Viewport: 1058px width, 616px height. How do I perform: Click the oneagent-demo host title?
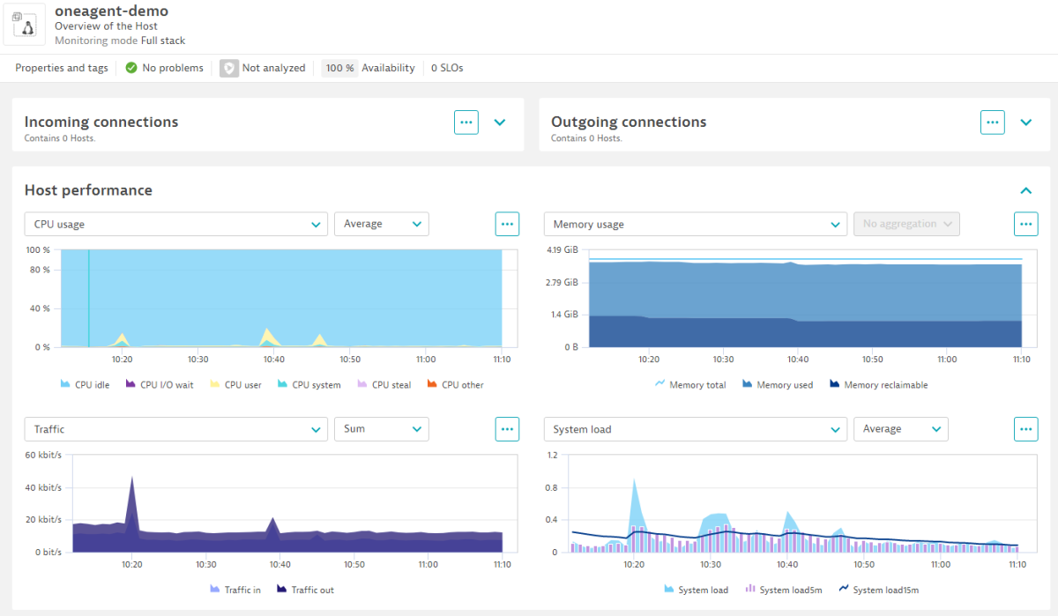pos(111,11)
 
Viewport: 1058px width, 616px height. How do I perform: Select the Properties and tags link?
pos(61,68)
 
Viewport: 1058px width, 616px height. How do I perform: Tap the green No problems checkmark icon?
pos(131,68)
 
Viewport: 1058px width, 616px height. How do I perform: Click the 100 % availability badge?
pos(339,68)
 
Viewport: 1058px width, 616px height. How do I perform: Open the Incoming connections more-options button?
pos(466,122)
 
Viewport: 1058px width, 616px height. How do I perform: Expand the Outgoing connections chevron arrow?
pos(1025,122)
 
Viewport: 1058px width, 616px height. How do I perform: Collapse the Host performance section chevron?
pos(1025,190)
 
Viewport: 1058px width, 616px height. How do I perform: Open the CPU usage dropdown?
pos(175,224)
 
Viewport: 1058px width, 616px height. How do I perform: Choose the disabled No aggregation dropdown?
pos(906,224)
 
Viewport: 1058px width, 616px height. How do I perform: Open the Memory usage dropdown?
pos(695,224)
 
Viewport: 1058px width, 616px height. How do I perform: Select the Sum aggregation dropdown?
pos(381,429)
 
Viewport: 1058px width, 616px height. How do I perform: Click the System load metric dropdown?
pos(695,429)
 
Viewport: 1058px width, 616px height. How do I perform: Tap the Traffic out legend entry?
pos(305,590)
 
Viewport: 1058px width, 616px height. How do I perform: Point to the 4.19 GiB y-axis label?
pos(562,250)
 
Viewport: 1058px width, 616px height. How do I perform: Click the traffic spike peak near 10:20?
pos(131,478)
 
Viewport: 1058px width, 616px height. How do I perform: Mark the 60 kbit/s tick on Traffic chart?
pos(42,456)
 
